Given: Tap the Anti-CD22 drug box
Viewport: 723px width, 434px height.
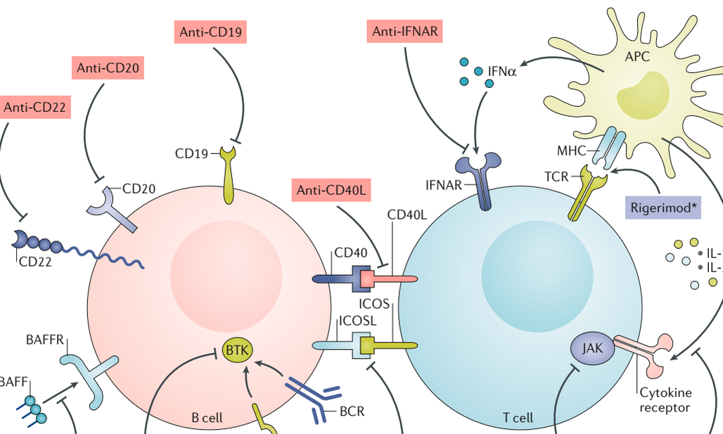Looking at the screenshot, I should (36, 107).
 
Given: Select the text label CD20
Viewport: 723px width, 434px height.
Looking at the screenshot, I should (139, 189).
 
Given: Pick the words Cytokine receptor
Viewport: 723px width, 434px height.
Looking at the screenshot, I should (665, 400).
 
